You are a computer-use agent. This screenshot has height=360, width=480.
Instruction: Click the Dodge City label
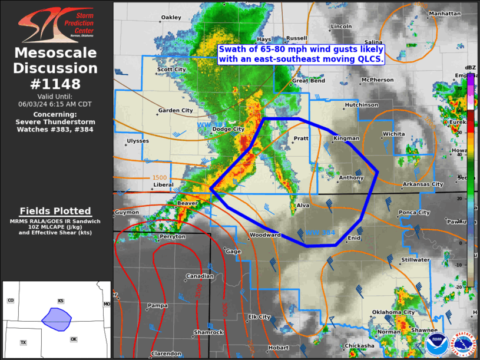228,129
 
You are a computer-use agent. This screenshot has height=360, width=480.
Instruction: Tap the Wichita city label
394,134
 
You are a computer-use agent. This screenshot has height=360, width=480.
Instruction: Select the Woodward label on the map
265,235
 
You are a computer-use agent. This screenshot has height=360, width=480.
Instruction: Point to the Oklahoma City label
393,312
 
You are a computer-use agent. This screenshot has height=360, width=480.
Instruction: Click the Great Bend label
309,81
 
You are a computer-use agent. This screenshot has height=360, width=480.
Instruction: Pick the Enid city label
354,238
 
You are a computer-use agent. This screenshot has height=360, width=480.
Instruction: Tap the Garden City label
176,110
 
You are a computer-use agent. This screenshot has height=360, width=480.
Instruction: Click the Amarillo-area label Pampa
157,305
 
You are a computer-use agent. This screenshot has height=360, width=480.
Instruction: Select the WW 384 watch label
320,233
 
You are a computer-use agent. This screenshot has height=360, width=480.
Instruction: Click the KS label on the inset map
61,300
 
